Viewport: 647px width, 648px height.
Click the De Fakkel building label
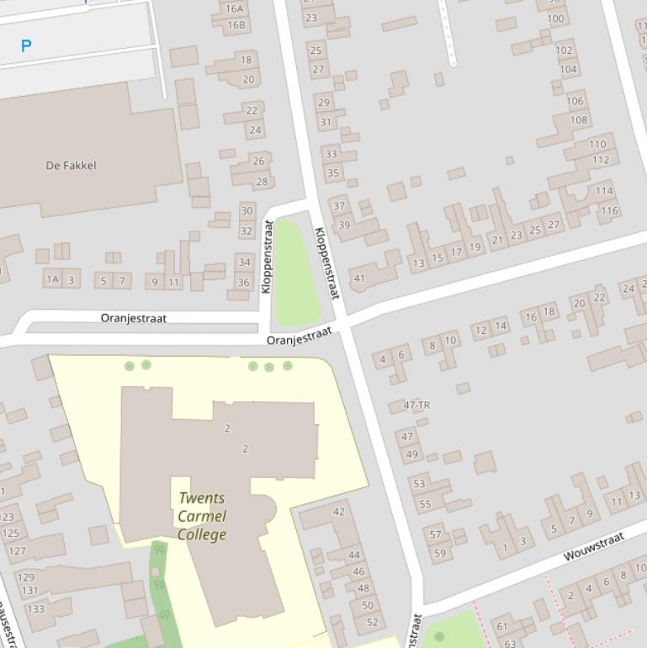click(x=71, y=166)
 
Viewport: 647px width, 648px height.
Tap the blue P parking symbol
click(x=26, y=46)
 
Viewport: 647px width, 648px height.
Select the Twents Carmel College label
click(x=202, y=516)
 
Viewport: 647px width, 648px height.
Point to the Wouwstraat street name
click(x=594, y=546)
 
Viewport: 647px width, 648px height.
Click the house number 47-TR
click(x=416, y=406)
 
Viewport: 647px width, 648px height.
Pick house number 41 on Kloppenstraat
click(x=359, y=279)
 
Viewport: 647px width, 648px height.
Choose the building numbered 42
click(x=339, y=512)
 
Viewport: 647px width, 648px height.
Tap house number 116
click(x=607, y=210)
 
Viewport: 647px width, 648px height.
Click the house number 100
click(x=556, y=19)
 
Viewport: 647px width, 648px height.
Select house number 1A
click(x=53, y=279)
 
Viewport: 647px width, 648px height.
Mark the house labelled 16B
click(x=236, y=25)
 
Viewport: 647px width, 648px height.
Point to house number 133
click(x=35, y=608)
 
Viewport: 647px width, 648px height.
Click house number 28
click(x=262, y=182)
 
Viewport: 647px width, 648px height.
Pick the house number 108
click(x=579, y=120)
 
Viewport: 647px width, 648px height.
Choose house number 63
click(x=511, y=644)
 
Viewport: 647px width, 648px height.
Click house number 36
click(x=243, y=283)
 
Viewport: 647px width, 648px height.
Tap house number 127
click(x=17, y=551)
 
